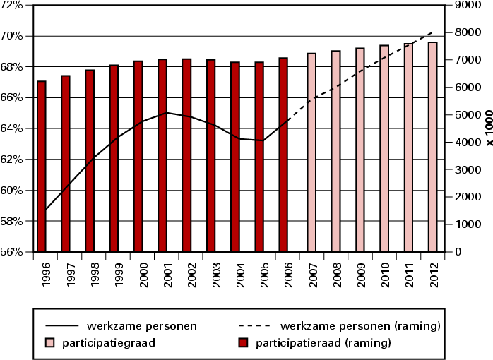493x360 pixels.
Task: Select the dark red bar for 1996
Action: (41, 167)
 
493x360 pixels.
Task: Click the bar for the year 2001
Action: (162, 155)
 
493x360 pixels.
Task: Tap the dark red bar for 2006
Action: (283, 155)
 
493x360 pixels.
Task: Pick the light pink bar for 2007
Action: (311, 152)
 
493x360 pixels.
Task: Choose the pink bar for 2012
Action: (432, 147)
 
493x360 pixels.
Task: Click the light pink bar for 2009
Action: (360, 150)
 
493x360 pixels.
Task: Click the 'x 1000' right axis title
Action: (487, 128)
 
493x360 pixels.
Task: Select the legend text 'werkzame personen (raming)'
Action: (361, 326)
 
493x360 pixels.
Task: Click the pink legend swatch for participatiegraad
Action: (50, 343)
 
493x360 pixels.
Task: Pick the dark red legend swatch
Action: (244, 343)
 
